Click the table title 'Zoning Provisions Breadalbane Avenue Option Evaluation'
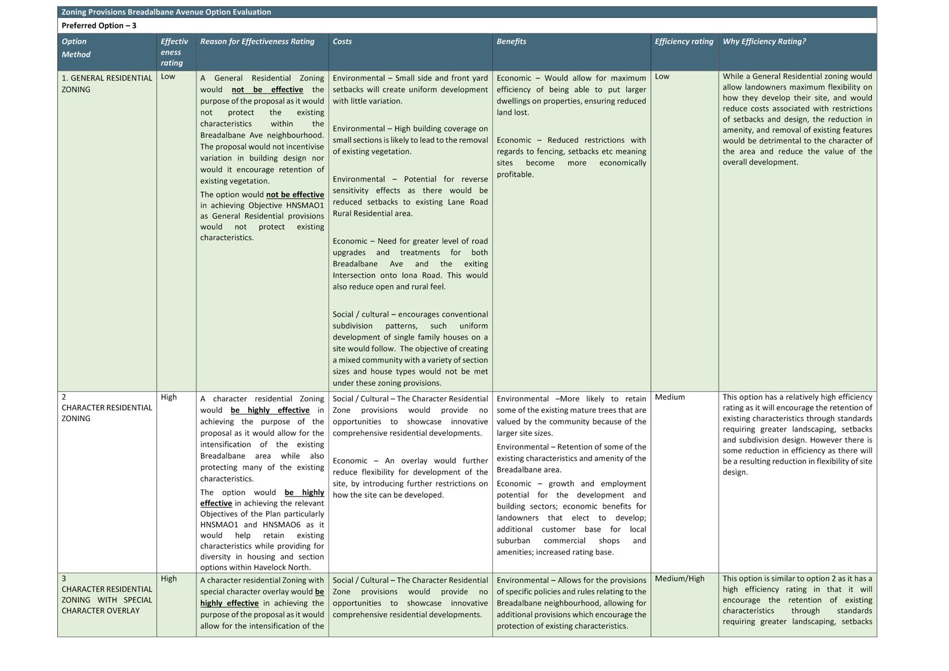pos(166,12)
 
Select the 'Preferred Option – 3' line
pos(99,26)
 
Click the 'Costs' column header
pos(342,42)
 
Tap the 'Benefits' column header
pos(511,42)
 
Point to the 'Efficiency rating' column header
pos(684,42)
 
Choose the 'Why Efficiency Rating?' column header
pos(764,42)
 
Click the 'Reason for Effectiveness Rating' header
pos(257,42)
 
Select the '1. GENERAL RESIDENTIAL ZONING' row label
pos(107,83)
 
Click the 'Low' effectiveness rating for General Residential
pos(168,77)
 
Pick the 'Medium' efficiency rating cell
pos(669,397)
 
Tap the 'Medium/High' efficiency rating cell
pos(679,579)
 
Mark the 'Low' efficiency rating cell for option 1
pos(662,77)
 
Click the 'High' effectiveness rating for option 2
pos(169,397)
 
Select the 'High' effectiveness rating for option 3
pos(169,579)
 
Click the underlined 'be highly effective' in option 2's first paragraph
pos(270,410)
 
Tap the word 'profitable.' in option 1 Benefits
pos(515,174)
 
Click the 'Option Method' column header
pos(76,48)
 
